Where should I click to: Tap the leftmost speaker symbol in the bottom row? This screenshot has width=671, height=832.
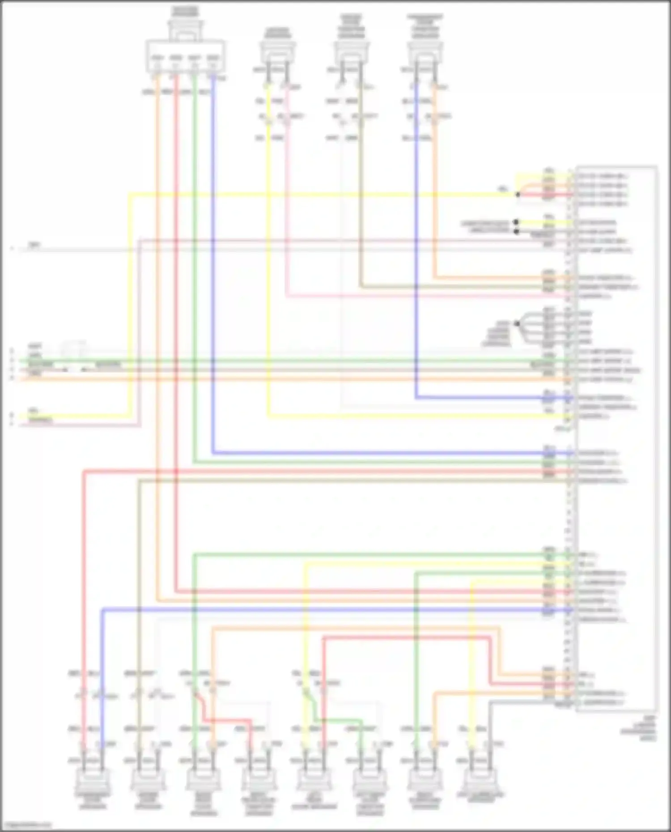click(93, 781)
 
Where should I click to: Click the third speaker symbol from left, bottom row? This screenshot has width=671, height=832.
click(204, 781)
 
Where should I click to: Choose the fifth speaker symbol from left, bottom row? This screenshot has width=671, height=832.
click(314, 781)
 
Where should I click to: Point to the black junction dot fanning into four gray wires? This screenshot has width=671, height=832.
click(517, 323)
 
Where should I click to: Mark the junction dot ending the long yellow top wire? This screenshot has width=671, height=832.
click(518, 195)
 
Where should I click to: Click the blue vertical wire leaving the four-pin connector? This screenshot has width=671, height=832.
click(213, 268)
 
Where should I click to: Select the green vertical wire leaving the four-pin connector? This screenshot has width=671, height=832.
click(195, 268)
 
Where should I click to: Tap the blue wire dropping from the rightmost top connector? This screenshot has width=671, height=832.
click(416, 246)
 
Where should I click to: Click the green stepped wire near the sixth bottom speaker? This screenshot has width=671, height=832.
click(340, 720)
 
